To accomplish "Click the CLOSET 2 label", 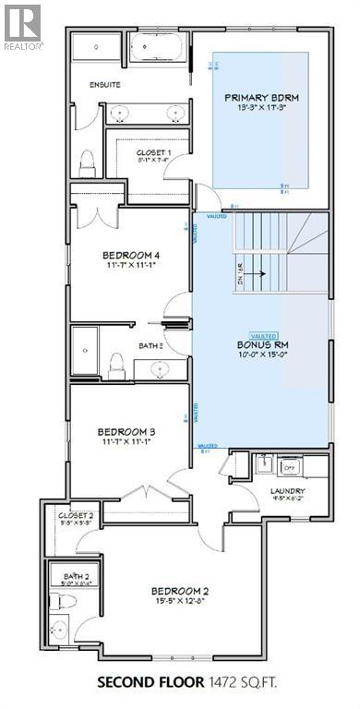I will point(77,516).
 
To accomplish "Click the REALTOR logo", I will point(21,26).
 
